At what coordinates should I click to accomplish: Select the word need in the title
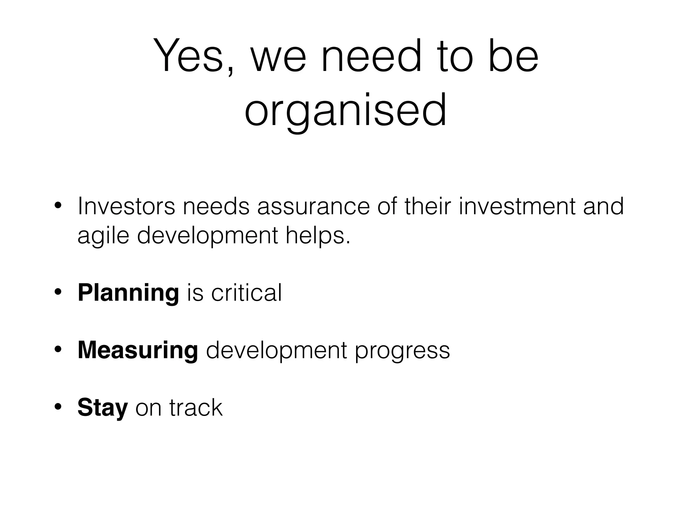[372, 56]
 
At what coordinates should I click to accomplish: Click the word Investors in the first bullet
[126, 206]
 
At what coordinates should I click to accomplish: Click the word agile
[103, 236]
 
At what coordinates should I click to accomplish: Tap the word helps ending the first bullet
[318, 236]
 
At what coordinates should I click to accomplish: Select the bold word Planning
[128, 293]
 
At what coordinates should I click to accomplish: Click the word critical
[246, 293]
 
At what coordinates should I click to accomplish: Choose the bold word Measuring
[138, 350]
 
